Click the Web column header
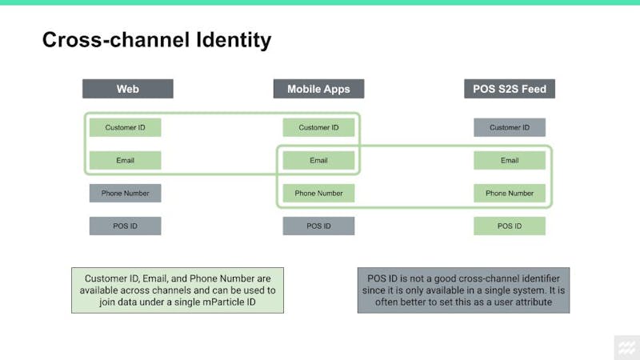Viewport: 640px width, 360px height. pos(128,89)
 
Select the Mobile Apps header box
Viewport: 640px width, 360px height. pos(318,89)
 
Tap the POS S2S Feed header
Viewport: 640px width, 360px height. pos(510,89)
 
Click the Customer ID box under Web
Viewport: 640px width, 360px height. pos(126,127)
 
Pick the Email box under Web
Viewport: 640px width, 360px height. pos(126,161)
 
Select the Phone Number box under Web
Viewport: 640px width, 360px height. pos(126,193)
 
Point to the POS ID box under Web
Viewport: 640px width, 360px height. pos(126,226)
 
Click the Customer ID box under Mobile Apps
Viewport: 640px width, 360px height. pos(318,127)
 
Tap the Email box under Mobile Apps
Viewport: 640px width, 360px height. pos(318,161)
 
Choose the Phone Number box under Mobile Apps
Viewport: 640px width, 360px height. pos(318,193)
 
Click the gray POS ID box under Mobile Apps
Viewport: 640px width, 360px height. pos(318,226)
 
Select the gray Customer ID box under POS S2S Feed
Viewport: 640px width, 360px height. pos(510,127)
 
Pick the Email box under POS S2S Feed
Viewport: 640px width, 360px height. pos(510,161)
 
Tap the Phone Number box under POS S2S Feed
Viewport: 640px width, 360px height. pos(510,193)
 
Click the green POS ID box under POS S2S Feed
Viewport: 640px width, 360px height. pos(510,226)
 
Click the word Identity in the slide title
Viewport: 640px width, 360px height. pos(234,41)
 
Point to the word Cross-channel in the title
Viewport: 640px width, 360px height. pos(116,39)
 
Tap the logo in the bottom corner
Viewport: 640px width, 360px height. pos(627,348)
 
